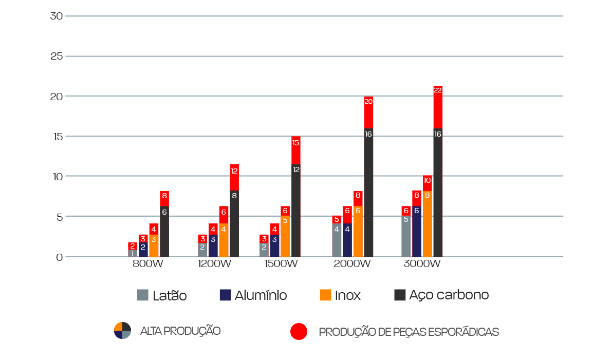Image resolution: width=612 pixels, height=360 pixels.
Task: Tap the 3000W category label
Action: point(421,264)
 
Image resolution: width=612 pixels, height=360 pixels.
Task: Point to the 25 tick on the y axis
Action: point(57,56)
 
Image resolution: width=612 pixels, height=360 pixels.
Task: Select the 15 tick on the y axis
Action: point(57,136)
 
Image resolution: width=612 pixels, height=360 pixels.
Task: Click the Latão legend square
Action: point(142,295)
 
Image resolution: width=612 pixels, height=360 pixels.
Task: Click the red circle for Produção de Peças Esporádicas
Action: point(299,332)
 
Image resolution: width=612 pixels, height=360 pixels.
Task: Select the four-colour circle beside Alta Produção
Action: point(122,331)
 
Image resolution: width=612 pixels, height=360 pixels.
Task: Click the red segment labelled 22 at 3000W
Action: point(438,107)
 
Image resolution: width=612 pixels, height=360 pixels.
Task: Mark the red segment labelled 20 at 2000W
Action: point(368,112)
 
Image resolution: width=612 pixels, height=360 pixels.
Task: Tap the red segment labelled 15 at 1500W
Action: point(295,150)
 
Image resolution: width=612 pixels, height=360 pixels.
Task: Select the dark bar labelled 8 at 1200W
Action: point(234,223)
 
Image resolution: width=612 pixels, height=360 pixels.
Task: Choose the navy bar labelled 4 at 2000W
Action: point(347,240)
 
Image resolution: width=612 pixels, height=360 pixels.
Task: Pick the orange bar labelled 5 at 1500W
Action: point(285,236)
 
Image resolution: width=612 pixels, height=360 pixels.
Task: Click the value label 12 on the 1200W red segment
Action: point(234,171)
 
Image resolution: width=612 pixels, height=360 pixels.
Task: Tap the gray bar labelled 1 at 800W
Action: point(132,253)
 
